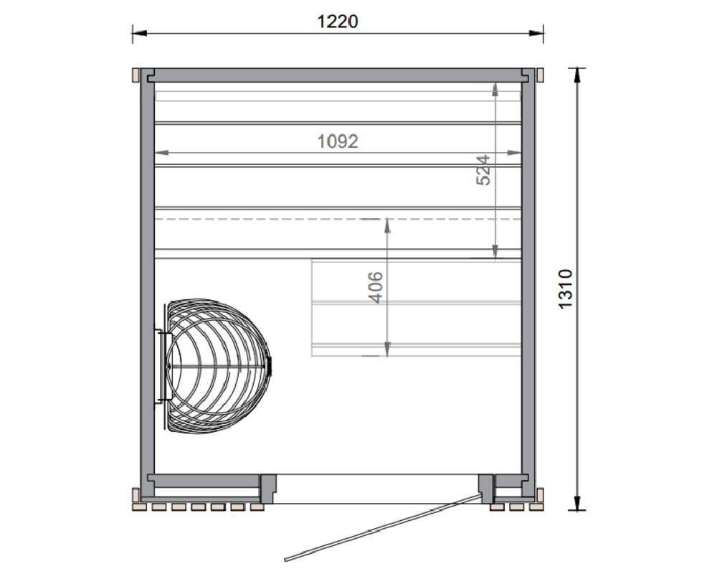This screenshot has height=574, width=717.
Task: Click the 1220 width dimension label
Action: tap(338, 22)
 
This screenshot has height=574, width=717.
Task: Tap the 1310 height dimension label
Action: tap(566, 289)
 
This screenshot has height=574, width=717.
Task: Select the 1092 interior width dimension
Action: tap(338, 141)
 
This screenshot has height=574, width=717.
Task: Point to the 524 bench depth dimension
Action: tap(483, 170)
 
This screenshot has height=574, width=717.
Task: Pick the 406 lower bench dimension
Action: tap(376, 288)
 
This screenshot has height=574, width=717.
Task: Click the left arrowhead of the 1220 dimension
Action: tap(139, 33)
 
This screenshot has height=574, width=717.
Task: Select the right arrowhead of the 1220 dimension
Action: tap(536, 33)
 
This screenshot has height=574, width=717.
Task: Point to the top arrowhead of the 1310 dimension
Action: tap(577, 75)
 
